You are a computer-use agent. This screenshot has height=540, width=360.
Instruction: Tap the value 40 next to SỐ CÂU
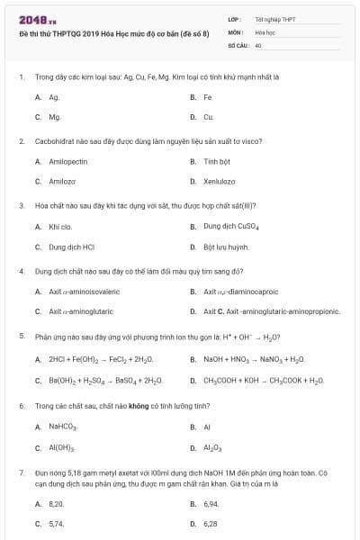click(x=258, y=44)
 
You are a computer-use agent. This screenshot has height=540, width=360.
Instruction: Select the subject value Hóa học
click(x=265, y=31)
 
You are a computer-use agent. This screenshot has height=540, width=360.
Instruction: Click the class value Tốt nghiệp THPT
click(x=274, y=18)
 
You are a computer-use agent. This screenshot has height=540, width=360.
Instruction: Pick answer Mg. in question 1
click(x=55, y=117)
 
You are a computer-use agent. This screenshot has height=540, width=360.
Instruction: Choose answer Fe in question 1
click(x=208, y=96)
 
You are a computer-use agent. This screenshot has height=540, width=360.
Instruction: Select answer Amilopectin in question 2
click(x=68, y=161)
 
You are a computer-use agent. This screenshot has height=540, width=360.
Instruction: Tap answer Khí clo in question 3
click(x=60, y=226)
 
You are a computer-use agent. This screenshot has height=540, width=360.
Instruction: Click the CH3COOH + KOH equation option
click(x=263, y=380)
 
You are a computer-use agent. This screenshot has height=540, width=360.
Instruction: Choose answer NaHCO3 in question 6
click(x=64, y=427)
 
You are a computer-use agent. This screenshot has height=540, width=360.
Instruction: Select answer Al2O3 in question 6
click(x=212, y=447)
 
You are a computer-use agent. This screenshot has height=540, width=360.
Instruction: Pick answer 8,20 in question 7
click(x=57, y=503)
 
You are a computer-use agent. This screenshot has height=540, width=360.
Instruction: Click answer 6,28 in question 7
click(x=211, y=523)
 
